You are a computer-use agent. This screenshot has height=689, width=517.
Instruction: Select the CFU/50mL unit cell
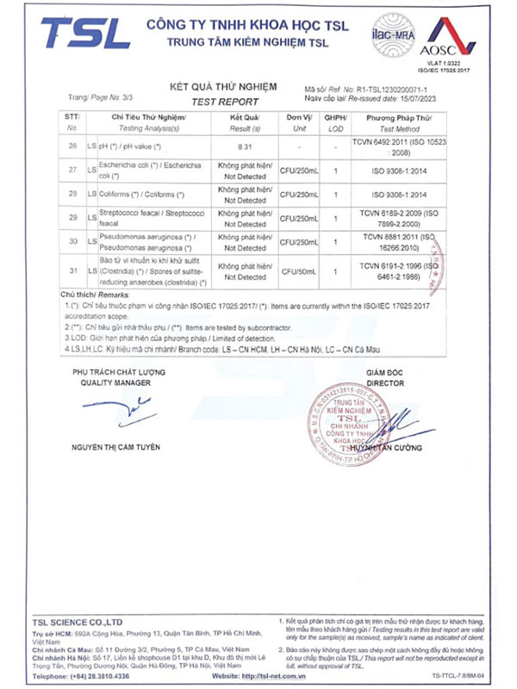point(300,271)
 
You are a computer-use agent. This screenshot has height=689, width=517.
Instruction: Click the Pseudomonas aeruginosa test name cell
point(146,242)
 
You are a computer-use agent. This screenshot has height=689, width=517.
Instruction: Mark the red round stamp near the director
point(352,413)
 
